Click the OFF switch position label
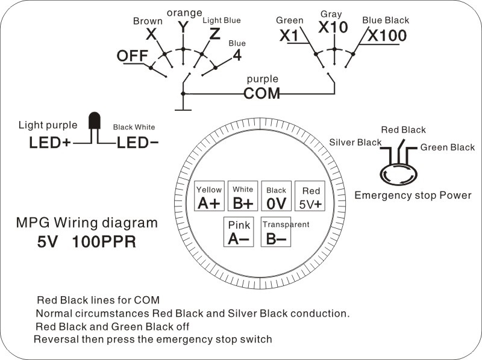point(132,55)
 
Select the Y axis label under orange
point(183,27)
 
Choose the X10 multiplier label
point(333,27)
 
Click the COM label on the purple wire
point(262,93)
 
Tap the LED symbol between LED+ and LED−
point(93,122)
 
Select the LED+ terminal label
point(51,144)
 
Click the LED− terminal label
point(138,144)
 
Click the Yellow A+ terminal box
point(209,196)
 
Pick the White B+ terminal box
point(243,196)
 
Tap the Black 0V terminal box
point(276,197)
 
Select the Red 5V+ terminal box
point(310,196)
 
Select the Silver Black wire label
point(355,142)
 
